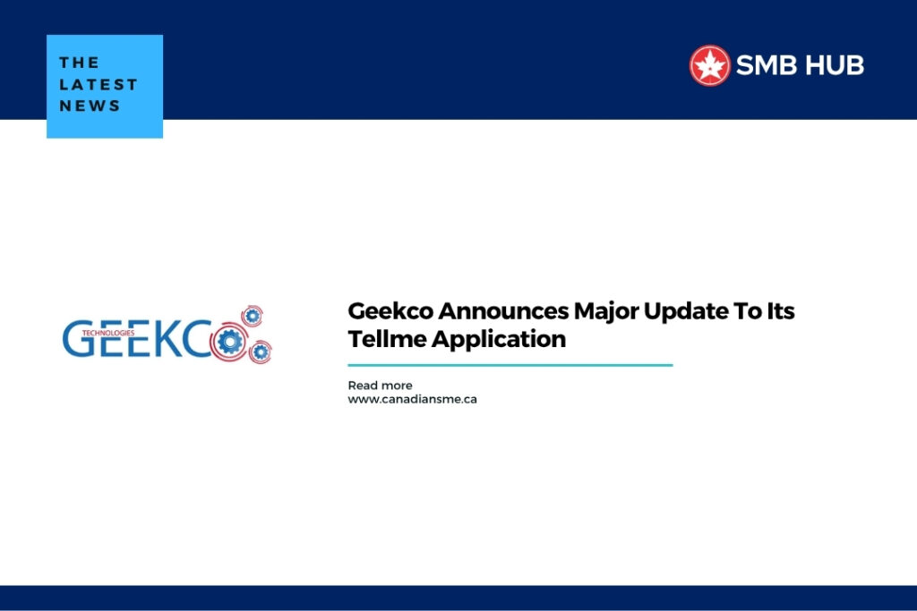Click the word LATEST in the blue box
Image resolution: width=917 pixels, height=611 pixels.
[99, 85]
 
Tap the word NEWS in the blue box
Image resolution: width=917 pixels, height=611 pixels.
[90, 106]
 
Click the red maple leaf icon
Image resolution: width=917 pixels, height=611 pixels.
[710, 65]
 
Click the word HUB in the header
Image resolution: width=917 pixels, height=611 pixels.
[834, 65]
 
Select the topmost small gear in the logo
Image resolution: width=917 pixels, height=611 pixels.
[253, 315]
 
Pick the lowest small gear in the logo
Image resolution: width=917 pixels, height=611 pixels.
[260, 352]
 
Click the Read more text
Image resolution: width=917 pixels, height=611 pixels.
[380, 386]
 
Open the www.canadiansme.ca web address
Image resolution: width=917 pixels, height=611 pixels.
[412, 399]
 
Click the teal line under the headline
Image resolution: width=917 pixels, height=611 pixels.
[510, 365]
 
